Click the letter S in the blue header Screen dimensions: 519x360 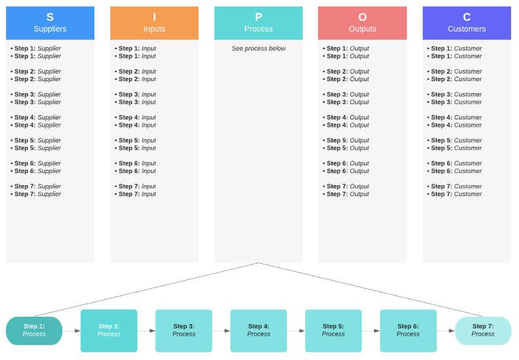pyautogui.click(x=50, y=17)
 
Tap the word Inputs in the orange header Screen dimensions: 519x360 pyautogui.click(x=154, y=29)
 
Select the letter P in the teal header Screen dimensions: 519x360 pyautogui.click(x=258, y=17)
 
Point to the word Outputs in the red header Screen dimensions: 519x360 pyautogui.click(x=362, y=29)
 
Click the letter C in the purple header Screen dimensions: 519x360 pyautogui.click(x=467, y=17)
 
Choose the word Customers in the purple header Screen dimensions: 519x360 pyautogui.click(x=467, y=29)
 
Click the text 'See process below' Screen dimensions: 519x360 pyautogui.click(x=258, y=48)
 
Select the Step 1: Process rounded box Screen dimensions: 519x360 pyautogui.click(x=34, y=331)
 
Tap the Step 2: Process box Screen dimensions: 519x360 pyautogui.click(x=109, y=331)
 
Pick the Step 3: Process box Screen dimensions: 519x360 pyautogui.click(x=184, y=331)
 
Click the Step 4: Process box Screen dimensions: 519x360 pyautogui.click(x=258, y=331)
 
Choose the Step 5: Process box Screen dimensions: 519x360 pyautogui.click(x=333, y=331)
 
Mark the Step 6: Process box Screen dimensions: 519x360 pyautogui.click(x=408, y=331)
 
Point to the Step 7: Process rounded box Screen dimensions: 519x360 pyautogui.click(x=483, y=331)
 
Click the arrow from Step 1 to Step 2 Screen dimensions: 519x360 pyautogui.click(x=71, y=331)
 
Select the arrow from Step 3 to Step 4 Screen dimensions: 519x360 pyautogui.click(x=221, y=331)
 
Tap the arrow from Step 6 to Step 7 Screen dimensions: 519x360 pyautogui.click(x=445, y=331)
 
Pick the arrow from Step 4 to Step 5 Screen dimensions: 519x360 pyautogui.click(x=296, y=331)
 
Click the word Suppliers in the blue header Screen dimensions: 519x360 pyautogui.click(x=50, y=29)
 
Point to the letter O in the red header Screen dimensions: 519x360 pyautogui.click(x=362, y=17)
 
